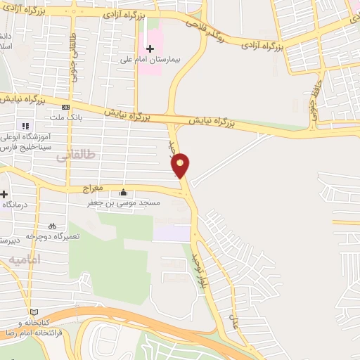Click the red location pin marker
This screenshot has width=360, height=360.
[x=181, y=166]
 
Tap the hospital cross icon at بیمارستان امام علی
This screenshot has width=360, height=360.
[x=150, y=49]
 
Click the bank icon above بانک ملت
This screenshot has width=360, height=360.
[x=65, y=107]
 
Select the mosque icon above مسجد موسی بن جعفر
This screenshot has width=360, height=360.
[x=124, y=193]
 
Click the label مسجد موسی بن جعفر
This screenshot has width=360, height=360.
[x=125, y=203]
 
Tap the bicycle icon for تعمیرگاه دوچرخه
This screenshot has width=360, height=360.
[x=52, y=226]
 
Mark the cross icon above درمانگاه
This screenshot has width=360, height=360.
[x=4, y=194]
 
